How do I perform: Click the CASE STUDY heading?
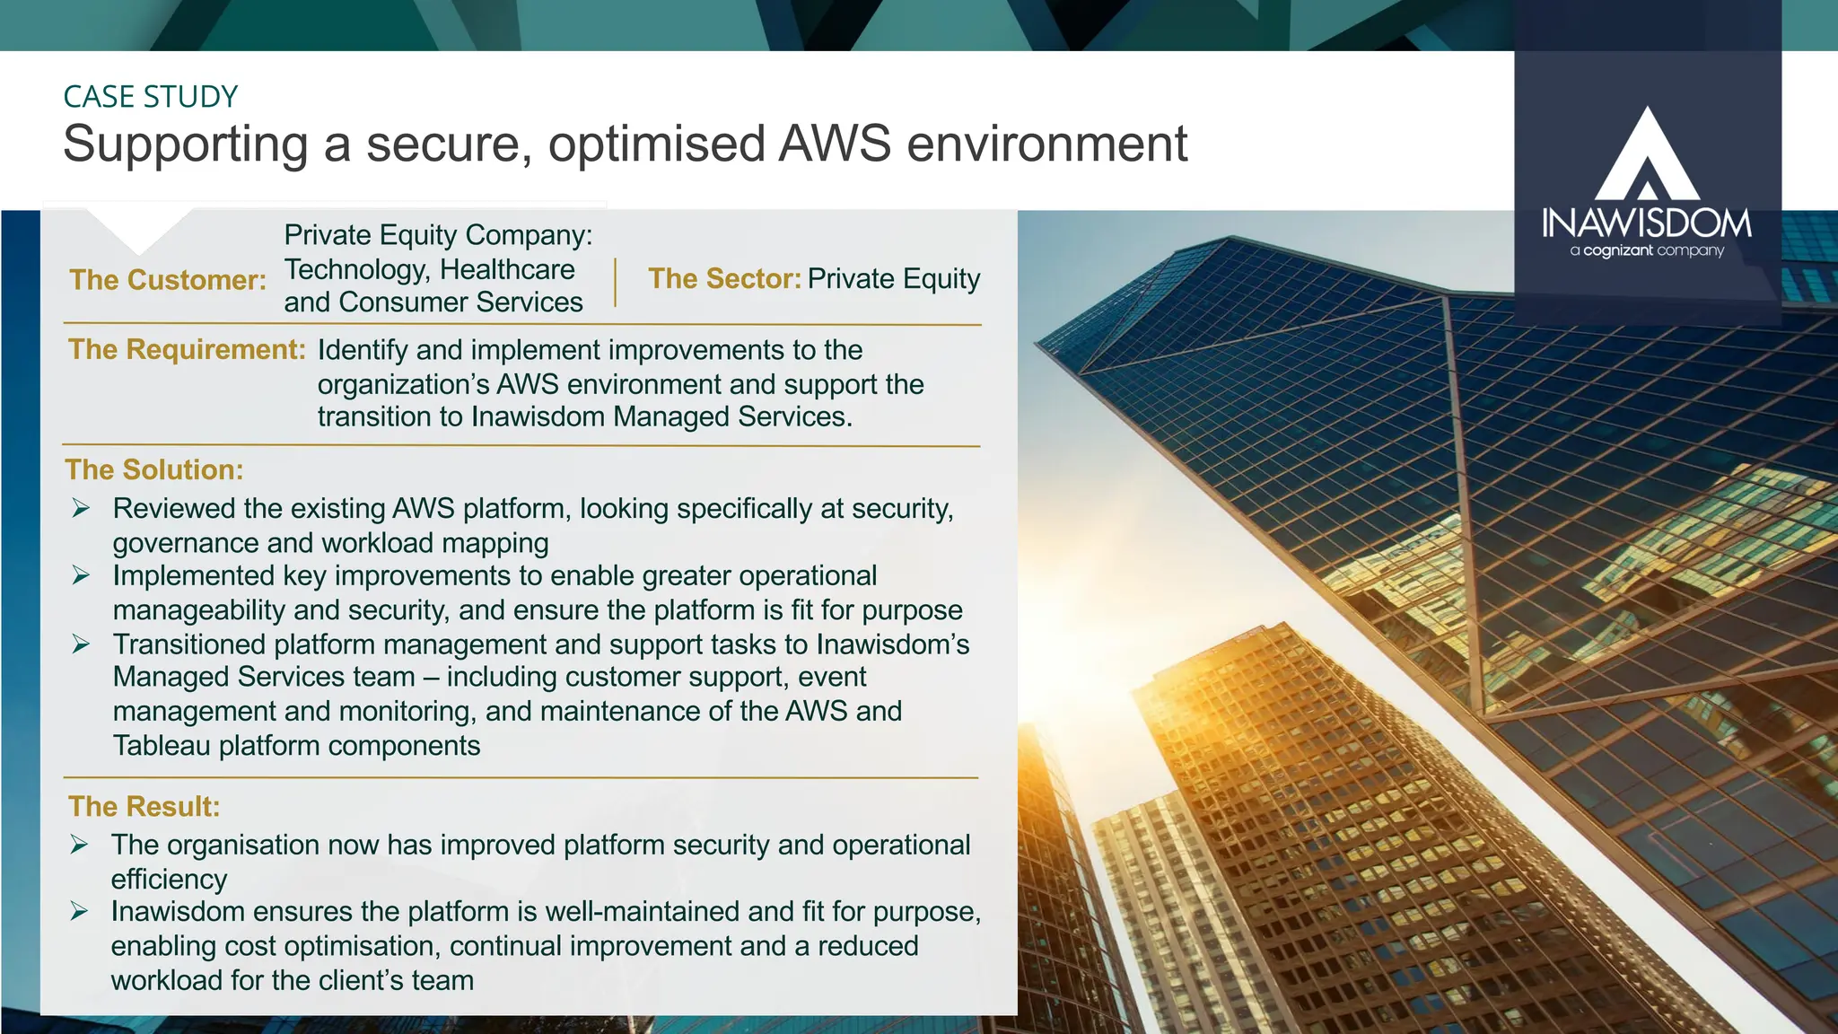tap(150, 97)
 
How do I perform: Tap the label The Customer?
tap(168, 280)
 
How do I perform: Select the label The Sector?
tap(724, 279)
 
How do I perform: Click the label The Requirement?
tap(187, 350)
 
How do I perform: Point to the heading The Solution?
tap(154, 470)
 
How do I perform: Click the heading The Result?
tap(144, 807)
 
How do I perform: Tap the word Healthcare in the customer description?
tap(507, 269)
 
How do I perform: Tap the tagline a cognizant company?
tap(1646, 250)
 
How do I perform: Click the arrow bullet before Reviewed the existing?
tap(81, 509)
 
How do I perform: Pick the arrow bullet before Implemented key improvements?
tap(81, 576)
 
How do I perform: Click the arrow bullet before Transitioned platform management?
tap(81, 644)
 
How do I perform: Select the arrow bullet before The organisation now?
tap(80, 845)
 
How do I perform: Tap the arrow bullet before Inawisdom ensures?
tap(80, 912)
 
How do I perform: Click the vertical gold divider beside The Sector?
tap(615, 283)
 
